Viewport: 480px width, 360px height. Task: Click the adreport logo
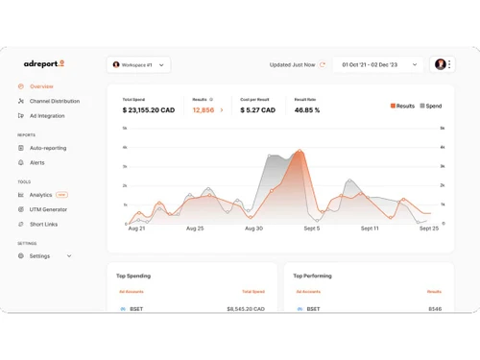[44, 64]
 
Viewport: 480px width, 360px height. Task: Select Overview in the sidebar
[40, 86]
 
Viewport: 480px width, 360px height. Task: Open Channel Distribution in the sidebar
[54, 101]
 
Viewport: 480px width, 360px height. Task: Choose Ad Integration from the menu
[46, 116]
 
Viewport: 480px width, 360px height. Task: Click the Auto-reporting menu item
[47, 148]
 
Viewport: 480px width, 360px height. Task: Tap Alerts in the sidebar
[36, 162]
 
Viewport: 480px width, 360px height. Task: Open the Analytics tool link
[40, 195]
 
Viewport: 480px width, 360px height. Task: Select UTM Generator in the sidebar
[48, 209]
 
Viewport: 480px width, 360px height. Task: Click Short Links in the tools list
[43, 224]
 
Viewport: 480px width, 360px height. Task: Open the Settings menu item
[39, 256]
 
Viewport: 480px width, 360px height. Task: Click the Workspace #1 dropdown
[138, 65]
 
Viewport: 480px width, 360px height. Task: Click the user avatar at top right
[440, 64]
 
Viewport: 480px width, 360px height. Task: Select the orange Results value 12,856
[204, 110]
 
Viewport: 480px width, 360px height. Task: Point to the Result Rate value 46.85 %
[307, 110]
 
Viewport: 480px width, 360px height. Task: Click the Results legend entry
[402, 106]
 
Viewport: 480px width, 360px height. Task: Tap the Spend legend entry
[431, 106]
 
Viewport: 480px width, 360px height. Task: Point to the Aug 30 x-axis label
[253, 228]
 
